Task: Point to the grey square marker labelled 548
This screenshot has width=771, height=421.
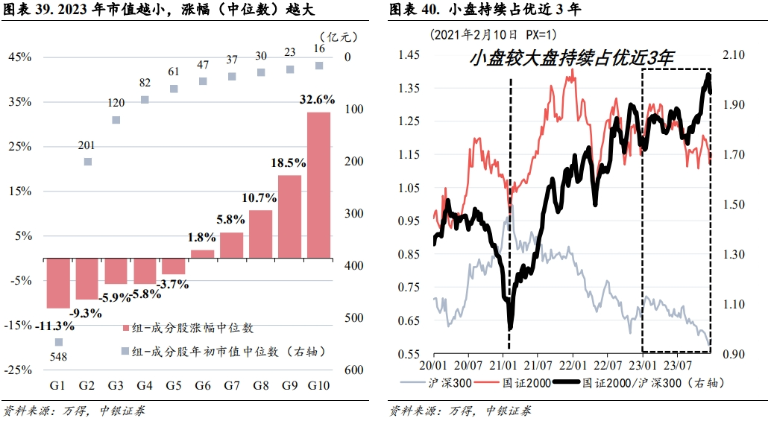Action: (x=58, y=342)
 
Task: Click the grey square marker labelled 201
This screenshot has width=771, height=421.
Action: (x=87, y=161)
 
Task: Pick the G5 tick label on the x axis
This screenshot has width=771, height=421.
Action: (x=174, y=385)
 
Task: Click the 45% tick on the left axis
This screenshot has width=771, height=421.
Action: (x=19, y=57)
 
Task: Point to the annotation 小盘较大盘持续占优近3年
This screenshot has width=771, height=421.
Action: (x=572, y=58)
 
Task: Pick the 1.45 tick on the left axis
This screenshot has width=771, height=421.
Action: (x=411, y=55)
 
